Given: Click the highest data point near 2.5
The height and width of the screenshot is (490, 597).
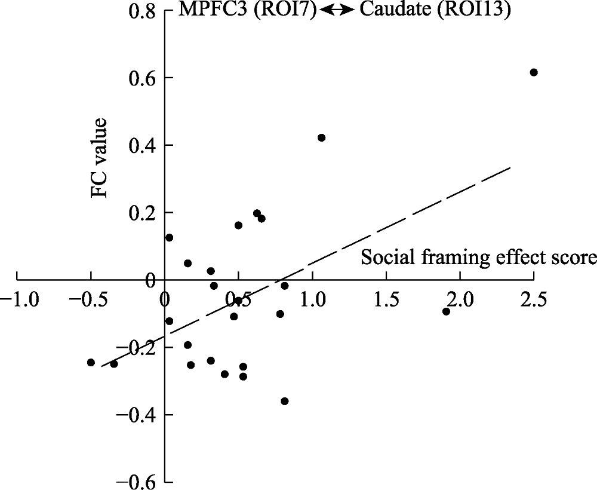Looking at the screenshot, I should pyautogui.click(x=534, y=72).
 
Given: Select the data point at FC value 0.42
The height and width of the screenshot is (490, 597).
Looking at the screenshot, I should pyautogui.click(x=322, y=137).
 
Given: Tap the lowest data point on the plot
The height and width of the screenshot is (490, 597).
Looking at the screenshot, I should pyautogui.click(x=285, y=401).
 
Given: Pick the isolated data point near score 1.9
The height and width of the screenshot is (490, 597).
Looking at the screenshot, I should pyautogui.click(x=446, y=311).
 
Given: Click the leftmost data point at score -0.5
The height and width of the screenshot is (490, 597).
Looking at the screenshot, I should pyautogui.click(x=91, y=362).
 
